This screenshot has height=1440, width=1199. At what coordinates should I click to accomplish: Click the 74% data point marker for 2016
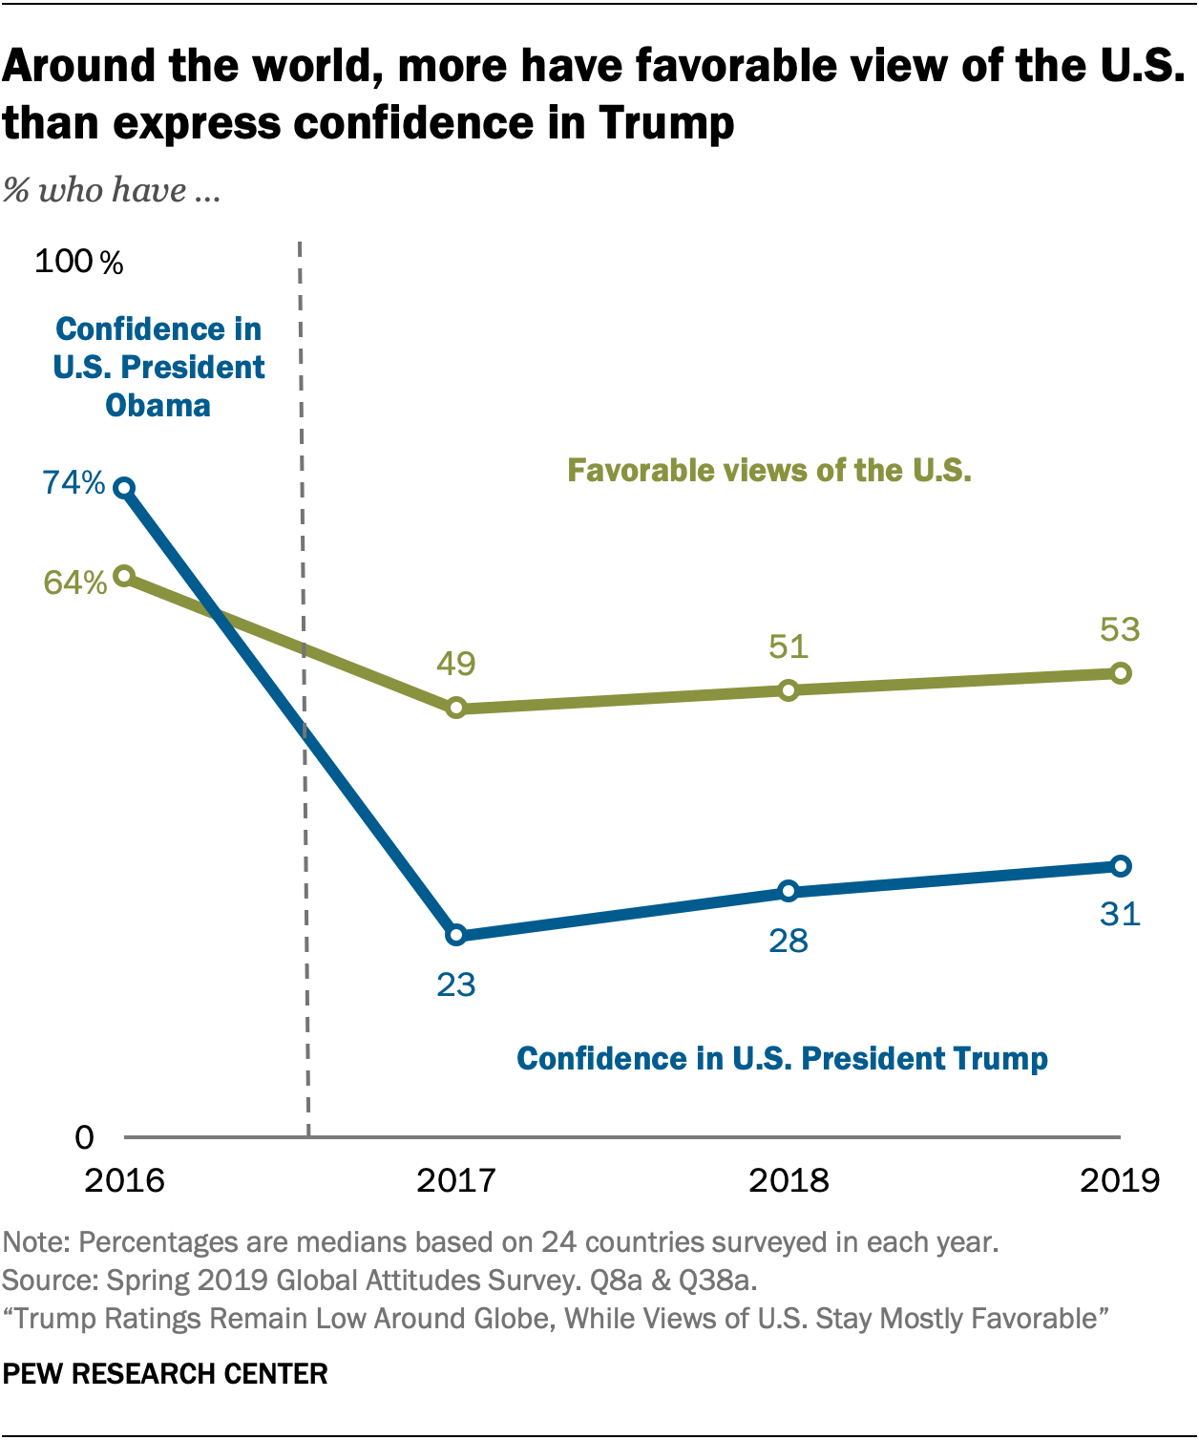pos(124,488)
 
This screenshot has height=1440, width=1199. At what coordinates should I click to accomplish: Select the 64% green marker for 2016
pos(124,575)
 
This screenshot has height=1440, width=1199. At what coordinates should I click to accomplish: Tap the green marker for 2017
pos(456,708)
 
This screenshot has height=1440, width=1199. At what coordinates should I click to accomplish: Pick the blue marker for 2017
pos(456,935)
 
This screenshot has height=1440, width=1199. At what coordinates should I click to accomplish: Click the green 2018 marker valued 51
pos(789,689)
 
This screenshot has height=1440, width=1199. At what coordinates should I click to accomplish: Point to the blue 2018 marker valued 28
pos(789,891)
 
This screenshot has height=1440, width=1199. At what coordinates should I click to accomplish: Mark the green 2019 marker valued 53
pos(1121,673)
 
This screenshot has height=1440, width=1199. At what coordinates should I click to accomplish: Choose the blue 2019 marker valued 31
pos(1121,866)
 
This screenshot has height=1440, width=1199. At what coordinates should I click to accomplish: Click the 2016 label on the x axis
pos(124,1181)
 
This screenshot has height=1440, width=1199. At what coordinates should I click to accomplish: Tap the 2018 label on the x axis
pos(789,1181)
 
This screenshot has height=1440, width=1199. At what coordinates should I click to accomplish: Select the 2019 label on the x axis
pos(1120,1181)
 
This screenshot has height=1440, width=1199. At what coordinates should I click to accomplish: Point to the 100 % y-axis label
pos(78,262)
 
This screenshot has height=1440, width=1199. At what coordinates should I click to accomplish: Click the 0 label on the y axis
pos(85,1137)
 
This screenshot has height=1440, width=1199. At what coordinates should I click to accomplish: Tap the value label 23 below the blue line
pos(456,985)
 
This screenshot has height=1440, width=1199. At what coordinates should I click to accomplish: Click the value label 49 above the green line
pos(456,664)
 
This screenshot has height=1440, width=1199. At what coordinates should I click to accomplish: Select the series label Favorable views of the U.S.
pos(769,470)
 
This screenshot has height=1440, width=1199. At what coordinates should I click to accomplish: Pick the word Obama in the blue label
pos(158,406)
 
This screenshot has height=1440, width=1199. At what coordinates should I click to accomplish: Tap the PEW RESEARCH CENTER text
pos(165,1374)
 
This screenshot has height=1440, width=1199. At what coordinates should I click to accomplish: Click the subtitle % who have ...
pos(112,190)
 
